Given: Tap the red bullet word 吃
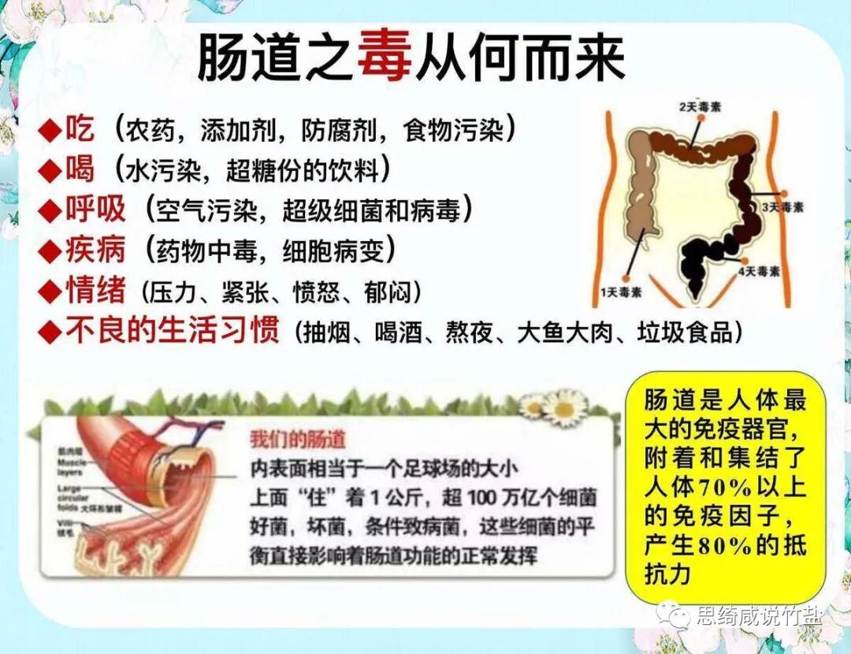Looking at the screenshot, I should coord(80,128).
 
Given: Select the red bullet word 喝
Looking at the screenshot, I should coord(80,169).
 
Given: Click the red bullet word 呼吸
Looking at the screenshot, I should coord(95,210).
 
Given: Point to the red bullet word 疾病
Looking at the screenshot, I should coord(95,251).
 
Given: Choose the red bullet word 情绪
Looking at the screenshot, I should coord(95,292).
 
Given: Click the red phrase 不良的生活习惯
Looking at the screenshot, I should coord(172,331).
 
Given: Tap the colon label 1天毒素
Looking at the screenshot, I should coord(621,292).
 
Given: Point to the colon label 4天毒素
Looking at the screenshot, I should coord(759,272).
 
